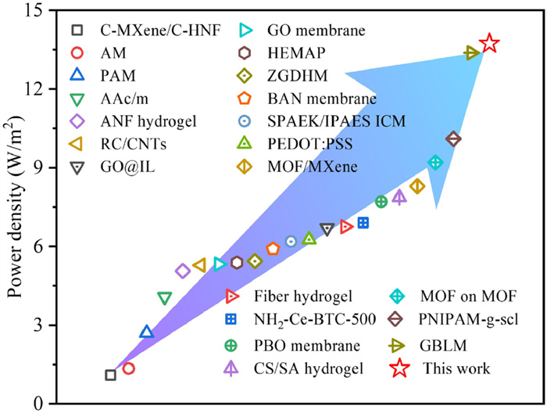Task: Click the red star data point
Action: coord(489,43)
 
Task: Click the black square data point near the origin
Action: coord(111,375)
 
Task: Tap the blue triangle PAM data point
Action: coord(146,332)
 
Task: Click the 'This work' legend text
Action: coord(456,368)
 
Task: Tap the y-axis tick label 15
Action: coord(38,10)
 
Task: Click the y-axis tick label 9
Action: coord(43,167)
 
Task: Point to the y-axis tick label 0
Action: coord(43,404)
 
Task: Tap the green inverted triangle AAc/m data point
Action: coord(164,298)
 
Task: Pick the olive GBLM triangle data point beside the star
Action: coord(471,52)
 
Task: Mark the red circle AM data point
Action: coord(129,368)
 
